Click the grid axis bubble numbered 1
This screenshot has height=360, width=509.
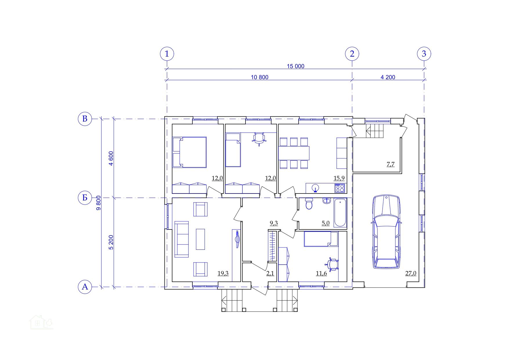pos(167,54)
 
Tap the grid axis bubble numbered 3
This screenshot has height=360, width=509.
pos(424,54)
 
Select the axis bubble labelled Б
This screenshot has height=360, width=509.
pos(85,198)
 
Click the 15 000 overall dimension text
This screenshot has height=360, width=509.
pos(295,66)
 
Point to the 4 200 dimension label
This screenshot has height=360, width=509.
pos(388,77)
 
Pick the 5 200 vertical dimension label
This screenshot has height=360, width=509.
pos(111,242)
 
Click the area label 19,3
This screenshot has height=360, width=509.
pos(223,273)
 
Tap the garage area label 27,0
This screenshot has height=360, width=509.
pos(411,273)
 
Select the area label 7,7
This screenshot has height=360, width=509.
pos(391,164)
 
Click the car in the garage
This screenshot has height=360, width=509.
pos(387,232)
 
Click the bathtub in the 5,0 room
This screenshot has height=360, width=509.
pos(340,213)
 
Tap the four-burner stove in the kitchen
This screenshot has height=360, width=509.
pos(340,188)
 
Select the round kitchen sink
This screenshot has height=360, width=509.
pos(316,188)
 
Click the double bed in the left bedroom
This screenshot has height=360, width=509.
pos(189,153)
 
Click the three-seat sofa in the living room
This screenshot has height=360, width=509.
pos(182,239)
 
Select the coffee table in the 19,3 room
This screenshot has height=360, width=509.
pos(200,239)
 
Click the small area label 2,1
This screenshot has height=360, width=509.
pos(270,273)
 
